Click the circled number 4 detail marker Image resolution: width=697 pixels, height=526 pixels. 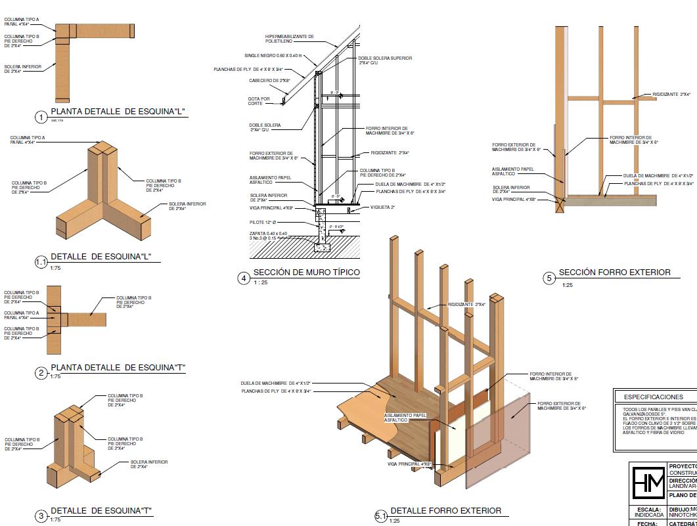244,278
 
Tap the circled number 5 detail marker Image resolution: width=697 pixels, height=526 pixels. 550,278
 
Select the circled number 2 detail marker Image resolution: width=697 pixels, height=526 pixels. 41,374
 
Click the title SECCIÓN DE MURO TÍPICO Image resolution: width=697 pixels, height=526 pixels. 306,273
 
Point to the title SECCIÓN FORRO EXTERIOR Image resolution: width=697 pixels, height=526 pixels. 614,272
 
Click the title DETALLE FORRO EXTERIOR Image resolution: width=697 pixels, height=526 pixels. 445,510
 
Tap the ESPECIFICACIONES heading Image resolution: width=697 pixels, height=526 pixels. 654,397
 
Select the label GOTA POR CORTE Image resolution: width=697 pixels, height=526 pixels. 259,101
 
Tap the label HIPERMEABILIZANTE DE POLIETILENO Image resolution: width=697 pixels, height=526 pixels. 290,39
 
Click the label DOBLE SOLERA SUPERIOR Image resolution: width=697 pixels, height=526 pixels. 385,60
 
